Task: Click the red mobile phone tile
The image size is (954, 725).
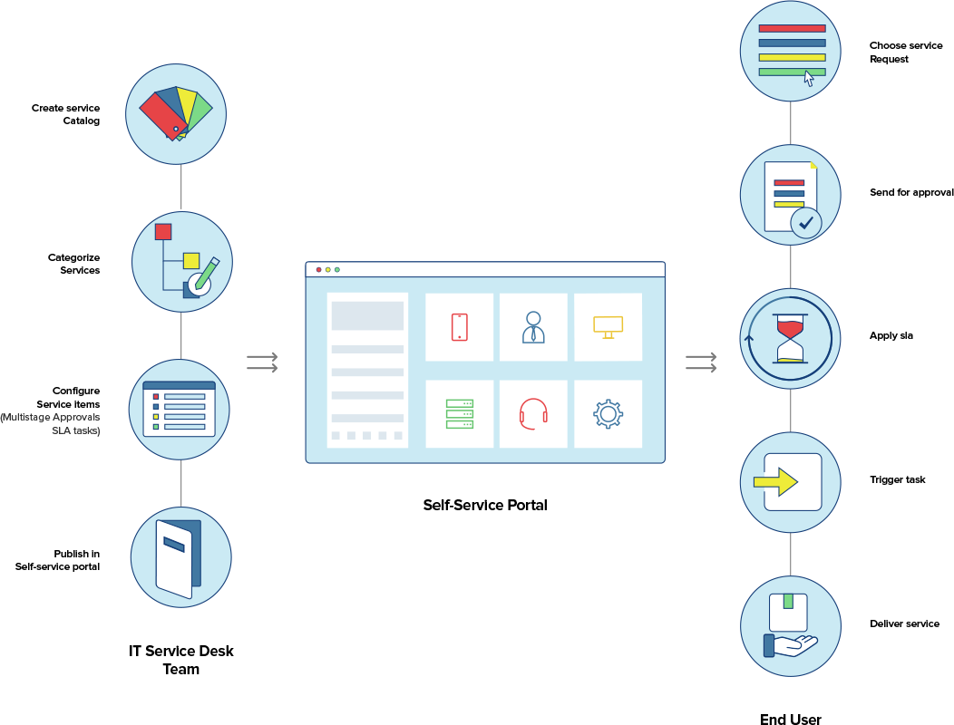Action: [460, 327]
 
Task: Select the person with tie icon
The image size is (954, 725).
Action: [533, 327]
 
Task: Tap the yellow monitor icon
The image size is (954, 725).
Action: [608, 326]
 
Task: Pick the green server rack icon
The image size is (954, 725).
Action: [460, 414]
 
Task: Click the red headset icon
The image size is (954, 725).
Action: [533, 413]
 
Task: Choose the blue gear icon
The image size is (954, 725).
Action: [608, 414]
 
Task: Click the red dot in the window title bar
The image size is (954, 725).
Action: [318, 269]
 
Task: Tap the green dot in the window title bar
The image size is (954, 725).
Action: [337, 269]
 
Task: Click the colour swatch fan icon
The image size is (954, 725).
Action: [176, 114]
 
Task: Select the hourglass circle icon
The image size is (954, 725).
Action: [790, 339]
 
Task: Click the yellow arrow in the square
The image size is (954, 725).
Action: [775, 482]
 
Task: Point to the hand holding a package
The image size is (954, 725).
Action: [790, 626]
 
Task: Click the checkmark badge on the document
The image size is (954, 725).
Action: [805, 222]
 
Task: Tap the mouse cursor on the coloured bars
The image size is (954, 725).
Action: [809, 79]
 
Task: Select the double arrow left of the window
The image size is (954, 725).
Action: [262, 362]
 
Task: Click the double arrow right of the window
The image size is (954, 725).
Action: [701, 362]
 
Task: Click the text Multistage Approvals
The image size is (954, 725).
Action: [50, 417]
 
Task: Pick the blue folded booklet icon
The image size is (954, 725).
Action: [179, 557]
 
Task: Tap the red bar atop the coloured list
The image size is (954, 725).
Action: [792, 28]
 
